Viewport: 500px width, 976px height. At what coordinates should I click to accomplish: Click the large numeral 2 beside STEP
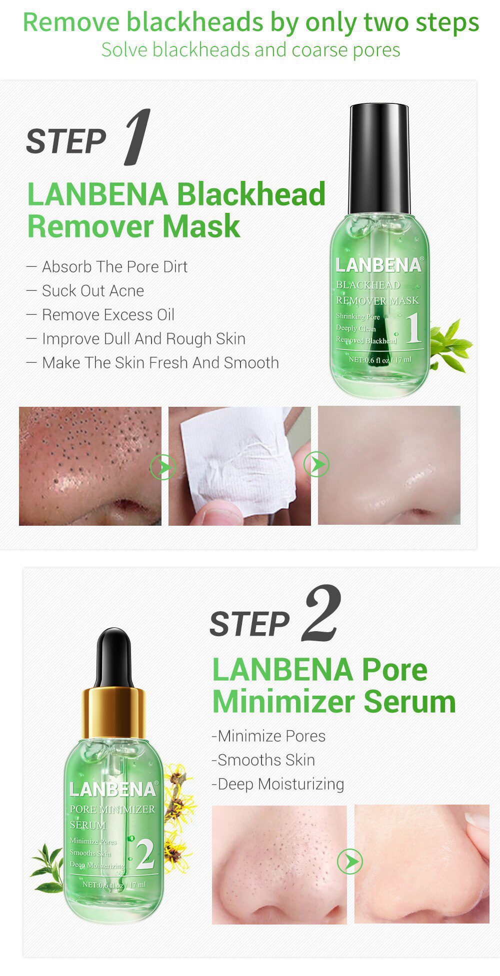[x=322, y=613]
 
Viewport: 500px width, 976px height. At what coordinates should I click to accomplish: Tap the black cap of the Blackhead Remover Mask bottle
[x=379, y=157]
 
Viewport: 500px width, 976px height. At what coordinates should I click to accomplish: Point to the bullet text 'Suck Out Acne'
[x=92, y=291]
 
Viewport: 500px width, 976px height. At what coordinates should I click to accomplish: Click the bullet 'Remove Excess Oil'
[x=107, y=315]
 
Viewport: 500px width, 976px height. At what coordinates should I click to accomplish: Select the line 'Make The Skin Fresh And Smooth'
[x=160, y=363]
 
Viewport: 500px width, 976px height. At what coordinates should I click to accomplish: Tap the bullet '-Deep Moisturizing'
[x=278, y=784]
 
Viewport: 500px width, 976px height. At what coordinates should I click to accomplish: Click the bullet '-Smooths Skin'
[x=263, y=760]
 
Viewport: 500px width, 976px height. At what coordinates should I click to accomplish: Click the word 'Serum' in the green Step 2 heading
[x=409, y=701]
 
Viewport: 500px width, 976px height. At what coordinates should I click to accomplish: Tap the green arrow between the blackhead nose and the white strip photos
[x=163, y=468]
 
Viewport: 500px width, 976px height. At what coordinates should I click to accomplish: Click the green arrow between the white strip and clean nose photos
[x=316, y=465]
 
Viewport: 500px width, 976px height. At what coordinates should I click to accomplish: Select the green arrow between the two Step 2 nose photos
[x=349, y=862]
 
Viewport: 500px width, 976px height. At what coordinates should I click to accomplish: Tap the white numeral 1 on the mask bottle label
[x=413, y=328]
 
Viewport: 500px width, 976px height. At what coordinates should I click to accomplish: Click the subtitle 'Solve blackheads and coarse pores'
[x=250, y=50]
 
